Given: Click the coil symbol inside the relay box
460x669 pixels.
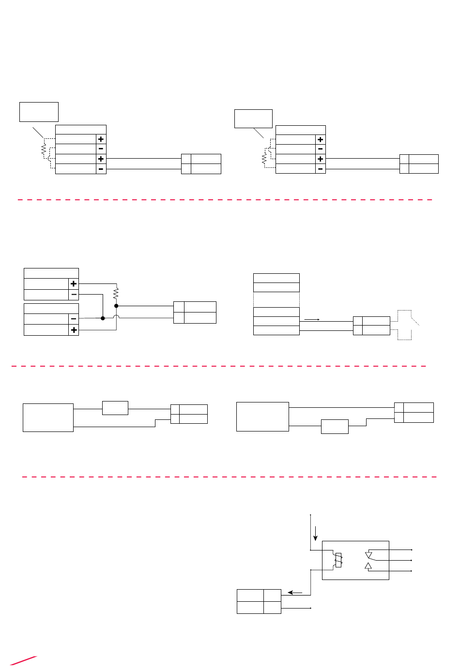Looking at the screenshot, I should (x=338, y=560).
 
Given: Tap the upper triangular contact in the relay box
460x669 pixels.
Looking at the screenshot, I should (x=368, y=554).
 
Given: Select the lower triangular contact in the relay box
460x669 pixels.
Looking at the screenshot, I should (x=368, y=566).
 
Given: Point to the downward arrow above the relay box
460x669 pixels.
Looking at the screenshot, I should (x=316, y=533).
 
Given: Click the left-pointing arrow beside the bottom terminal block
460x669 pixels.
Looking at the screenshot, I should (x=295, y=592).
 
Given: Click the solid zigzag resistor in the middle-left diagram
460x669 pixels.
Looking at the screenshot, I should (x=116, y=293).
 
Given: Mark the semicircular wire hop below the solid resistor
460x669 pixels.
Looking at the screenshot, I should (x=116, y=317).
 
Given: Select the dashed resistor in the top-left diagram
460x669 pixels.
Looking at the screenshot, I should (x=44, y=151).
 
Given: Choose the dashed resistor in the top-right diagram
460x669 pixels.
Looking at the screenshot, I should (x=264, y=159).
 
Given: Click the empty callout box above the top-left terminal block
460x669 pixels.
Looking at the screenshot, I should (x=39, y=112).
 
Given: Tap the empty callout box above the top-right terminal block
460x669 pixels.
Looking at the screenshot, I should (x=253, y=119).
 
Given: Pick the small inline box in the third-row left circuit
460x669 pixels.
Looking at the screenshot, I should (x=115, y=408).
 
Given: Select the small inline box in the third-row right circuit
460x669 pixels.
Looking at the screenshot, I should (x=335, y=426).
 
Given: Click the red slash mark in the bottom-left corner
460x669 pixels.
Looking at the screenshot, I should (x=23, y=661).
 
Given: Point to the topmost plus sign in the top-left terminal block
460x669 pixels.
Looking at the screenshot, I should (x=101, y=139).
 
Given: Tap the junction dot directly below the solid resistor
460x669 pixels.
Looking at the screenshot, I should (x=116, y=306).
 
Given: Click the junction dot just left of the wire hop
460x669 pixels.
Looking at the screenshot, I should (x=103, y=318).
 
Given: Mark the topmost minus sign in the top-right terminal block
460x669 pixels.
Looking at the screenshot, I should (x=320, y=149).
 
